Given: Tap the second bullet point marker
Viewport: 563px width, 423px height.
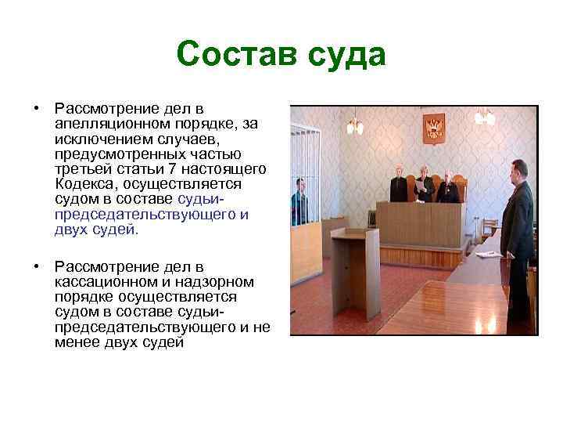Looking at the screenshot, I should click(36, 266).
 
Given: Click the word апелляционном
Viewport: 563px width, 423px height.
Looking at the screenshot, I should click(104, 125).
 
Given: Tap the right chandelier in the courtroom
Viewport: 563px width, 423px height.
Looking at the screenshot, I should click(485, 117).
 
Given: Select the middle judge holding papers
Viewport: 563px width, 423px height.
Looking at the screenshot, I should click(423, 185).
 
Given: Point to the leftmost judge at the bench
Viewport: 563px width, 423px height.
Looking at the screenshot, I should click(400, 185).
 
